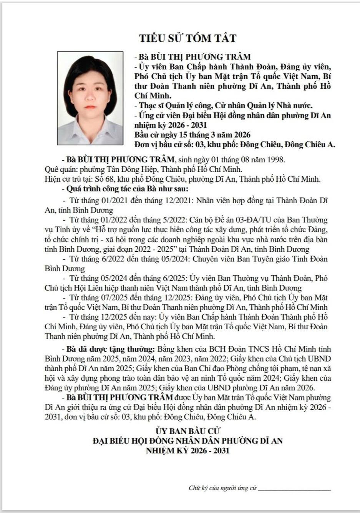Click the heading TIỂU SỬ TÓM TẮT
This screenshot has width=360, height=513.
click(187, 38)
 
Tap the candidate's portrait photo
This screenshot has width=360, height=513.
click(90, 98)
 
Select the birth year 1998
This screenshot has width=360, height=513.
click(276, 159)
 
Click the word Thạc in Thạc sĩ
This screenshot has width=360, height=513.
click(148, 105)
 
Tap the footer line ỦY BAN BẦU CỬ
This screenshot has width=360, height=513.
click(187, 431)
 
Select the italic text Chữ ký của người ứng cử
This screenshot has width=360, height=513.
click(222, 488)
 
